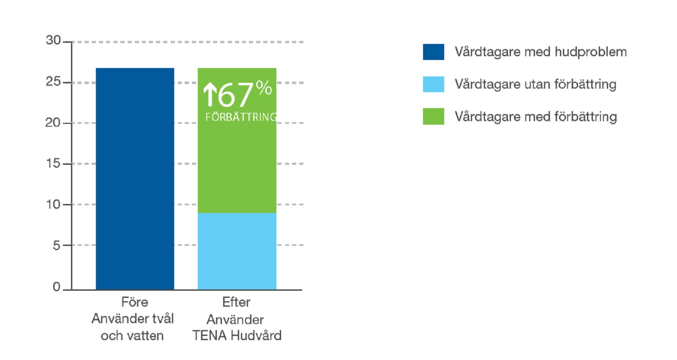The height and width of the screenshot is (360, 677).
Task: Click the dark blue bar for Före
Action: click(135, 178)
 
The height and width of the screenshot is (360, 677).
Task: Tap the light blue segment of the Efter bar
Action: click(237, 251)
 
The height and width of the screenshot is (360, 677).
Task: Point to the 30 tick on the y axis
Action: click(53, 41)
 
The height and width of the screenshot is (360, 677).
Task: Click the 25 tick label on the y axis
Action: click(53, 82)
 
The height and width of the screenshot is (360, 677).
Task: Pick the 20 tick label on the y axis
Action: click(53, 123)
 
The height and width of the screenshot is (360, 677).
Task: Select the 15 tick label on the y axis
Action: click(53, 164)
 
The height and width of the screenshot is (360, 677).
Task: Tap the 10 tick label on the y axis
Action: click(53, 205)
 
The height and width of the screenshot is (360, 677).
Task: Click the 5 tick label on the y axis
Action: click(57, 245)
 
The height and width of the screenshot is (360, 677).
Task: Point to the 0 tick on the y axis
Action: click(57, 287)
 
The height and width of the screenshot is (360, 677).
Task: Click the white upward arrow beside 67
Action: click(210, 94)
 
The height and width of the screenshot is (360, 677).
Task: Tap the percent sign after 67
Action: click(264, 88)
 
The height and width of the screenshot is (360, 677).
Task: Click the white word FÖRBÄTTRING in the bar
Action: click(241, 117)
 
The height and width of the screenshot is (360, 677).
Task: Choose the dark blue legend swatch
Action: click(433, 52)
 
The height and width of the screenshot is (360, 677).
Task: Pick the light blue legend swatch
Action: click(433, 84)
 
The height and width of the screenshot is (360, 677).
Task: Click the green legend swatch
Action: click(433, 116)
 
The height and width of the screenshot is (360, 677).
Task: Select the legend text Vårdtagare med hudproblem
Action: click(541, 52)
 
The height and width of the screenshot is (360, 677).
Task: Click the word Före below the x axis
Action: click(135, 302)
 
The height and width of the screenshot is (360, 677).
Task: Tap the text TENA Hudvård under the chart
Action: click(237, 335)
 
